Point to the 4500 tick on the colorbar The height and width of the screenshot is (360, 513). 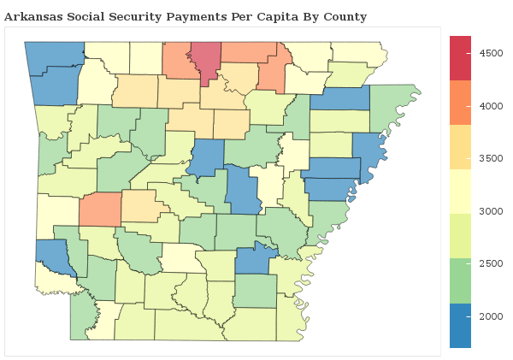491,53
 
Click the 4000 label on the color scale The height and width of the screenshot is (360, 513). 491,106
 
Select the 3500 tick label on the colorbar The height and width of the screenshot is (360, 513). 491,158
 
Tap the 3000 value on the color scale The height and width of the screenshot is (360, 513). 491,211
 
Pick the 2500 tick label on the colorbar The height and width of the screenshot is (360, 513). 491,263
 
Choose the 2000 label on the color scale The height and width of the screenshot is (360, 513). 491,316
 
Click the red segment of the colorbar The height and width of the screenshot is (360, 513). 460,56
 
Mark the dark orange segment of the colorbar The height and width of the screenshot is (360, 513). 460,102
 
